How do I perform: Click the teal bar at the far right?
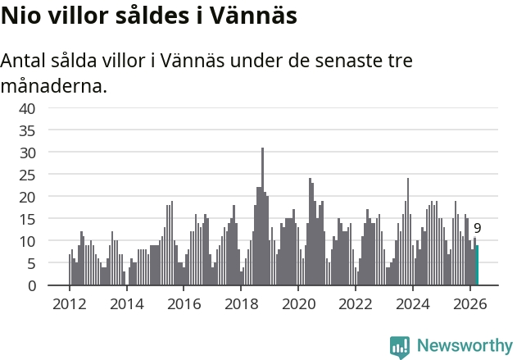pyautogui.click(x=477, y=265)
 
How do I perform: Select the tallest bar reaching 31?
pyautogui.click(x=262, y=216)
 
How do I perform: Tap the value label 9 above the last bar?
pyautogui.click(x=478, y=228)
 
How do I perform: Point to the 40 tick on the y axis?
pyautogui.click(x=27, y=109)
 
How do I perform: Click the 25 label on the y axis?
pyautogui.click(x=27, y=175)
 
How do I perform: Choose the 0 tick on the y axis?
pyautogui.click(x=32, y=286)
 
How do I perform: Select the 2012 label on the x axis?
pyautogui.click(x=70, y=304)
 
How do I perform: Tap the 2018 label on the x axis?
pyautogui.click(x=242, y=304)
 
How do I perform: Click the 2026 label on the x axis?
pyautogui.click(x=469, y=304)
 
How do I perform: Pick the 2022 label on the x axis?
pyautogui.click(x=356, y=304)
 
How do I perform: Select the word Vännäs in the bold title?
pyautogui.click(x=253, y=16)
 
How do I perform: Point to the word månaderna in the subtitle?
pyautogui.click(x=54, y=86)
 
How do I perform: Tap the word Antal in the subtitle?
pyautogui.click(x=23, y=61)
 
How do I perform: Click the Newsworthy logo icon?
pyautogui.click(x=400, y=347)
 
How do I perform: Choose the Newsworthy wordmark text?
pyautogui.click(x=465, y=345)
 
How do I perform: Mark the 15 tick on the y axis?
pyautogui.click(x=27, y=220)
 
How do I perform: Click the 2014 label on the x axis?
pyautogui.click(x=127, y=304)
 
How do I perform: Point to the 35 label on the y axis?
pyautogui.click(x=27, y=131)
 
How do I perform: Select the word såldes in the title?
pyautogui.click(x=152, y=16)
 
